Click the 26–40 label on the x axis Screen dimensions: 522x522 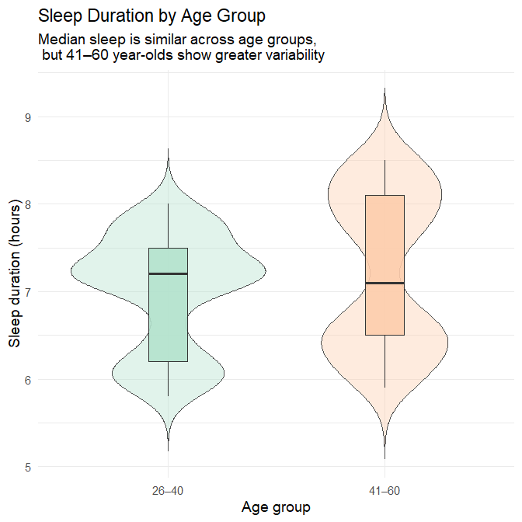[x=169, y=490]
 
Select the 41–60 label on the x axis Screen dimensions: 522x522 [x=385, y=490]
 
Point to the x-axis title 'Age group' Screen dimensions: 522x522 [x=276, y=508]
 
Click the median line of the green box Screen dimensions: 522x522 [x=169, y=273]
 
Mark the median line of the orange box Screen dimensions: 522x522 [x=385, y=283]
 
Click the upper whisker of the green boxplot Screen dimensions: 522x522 [x=169, y=225]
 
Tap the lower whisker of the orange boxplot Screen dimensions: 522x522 [x=385, y=361]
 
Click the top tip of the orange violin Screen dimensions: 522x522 [x=385, y=89]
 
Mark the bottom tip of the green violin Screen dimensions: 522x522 [x=169, y=450]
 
